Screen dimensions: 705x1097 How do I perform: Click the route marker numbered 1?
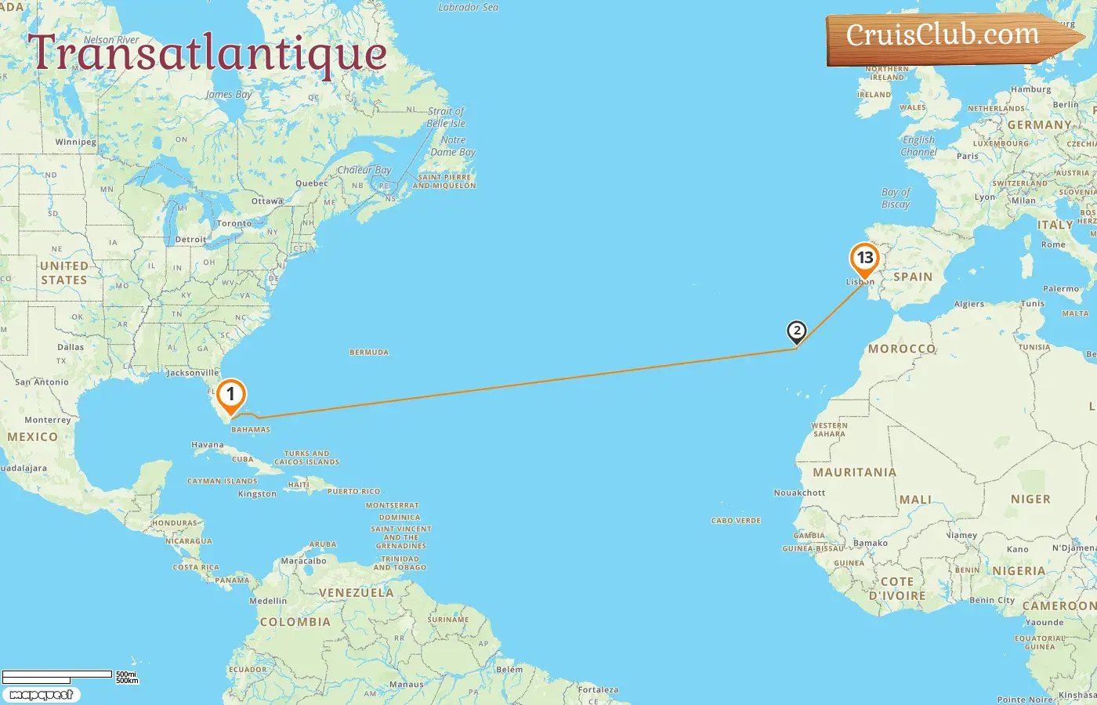pyautogui.click(x=230, y=396)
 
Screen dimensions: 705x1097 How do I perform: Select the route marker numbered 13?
pyautogui.click(x=864, y=258)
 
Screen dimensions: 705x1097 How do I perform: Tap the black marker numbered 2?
pyautogui.click(x=796, y=331)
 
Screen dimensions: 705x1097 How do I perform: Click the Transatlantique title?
pyautogui.click(x=208, y=53)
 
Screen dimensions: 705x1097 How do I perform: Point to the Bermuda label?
pyautogui.click(x=369, y=352)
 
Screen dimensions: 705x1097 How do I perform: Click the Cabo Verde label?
pyautogui.click(x=736, y=521)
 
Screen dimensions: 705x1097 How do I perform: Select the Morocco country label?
pyautogui.click(x=901, y=349)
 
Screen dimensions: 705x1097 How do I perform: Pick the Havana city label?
pyautogui.click(x=208, y=445)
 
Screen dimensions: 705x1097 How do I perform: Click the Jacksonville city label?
pyautogui.click(x=192, y=373)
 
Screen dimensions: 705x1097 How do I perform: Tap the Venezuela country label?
pyautogui.click(x=356, y=593)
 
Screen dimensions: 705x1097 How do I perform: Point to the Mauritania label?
pyautogui.click(x=854, y=472)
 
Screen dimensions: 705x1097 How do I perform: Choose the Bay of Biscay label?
pyautogui.click(x=896, y=198)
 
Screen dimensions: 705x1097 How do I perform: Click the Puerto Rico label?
pyautogui.click(x=353, y=491)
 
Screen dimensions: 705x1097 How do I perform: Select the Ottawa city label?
pyautogui.click(x=267, y=201)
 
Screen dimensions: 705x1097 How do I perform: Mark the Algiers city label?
pyautogui.click(x=969, y=304)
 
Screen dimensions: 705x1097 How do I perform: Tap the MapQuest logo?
pyautogui.click(x=41, y=695)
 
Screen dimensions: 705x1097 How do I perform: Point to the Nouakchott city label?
pyautogui.click(x=799, y=493)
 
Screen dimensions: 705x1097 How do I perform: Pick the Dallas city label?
pyautogui.click(x=71, y=347)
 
